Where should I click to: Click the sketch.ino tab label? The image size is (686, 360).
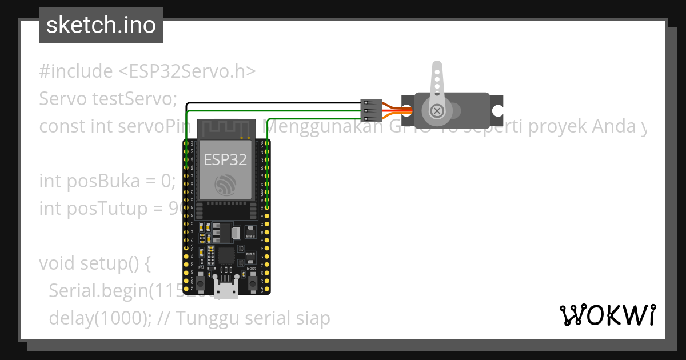coord(101,25)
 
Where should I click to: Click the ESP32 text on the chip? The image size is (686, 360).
coord(225,159)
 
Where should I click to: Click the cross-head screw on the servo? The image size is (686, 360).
coord(437,111)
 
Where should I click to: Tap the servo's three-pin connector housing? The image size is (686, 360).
coord(371,110)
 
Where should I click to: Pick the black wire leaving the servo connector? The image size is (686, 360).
coord(274,103)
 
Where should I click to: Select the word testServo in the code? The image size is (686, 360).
coord(131,99)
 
